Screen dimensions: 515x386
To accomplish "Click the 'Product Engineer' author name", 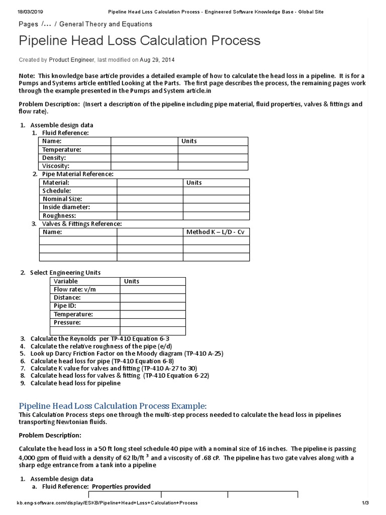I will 71,60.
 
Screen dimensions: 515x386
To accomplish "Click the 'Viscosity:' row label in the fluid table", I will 56,165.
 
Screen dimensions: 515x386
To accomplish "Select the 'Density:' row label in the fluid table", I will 54,157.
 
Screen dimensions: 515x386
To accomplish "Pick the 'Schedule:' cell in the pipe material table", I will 57,191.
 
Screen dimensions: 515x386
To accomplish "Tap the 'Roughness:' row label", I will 59,215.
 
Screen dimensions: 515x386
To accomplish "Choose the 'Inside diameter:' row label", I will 66,207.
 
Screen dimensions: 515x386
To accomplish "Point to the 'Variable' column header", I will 66,281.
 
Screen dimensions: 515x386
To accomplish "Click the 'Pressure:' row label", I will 67,322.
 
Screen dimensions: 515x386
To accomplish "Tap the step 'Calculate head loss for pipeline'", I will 75,383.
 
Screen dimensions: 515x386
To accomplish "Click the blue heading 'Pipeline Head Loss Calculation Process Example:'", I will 113,406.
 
